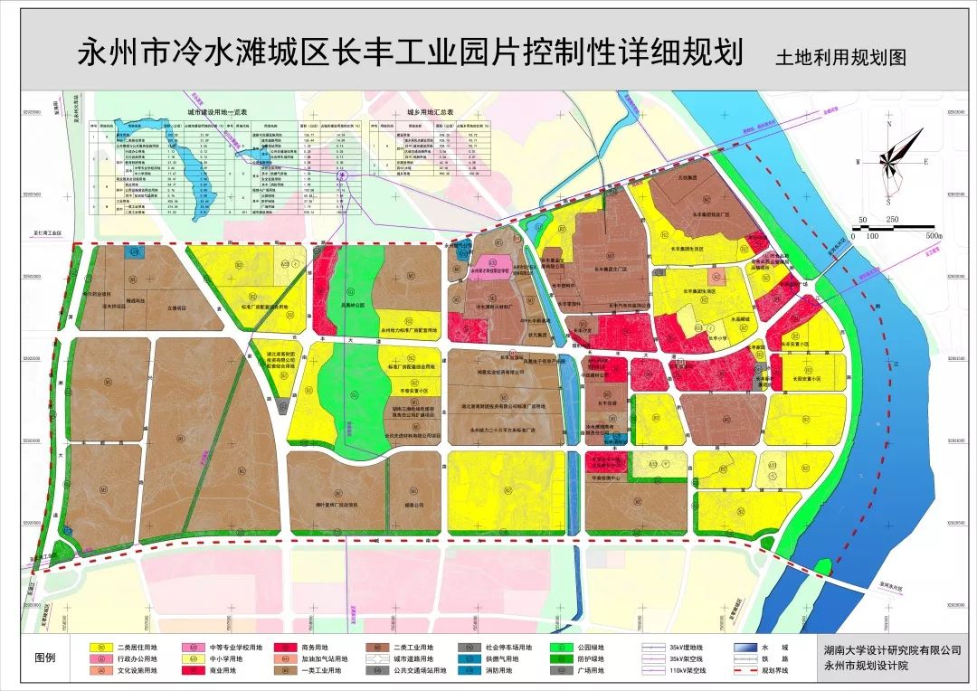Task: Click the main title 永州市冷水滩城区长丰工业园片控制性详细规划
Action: coord(412,51)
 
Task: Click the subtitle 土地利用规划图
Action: coord(839,56)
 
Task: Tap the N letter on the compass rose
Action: coord(889,125)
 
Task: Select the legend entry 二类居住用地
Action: coord(137,648)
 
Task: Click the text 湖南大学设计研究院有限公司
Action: coord(892,650)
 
